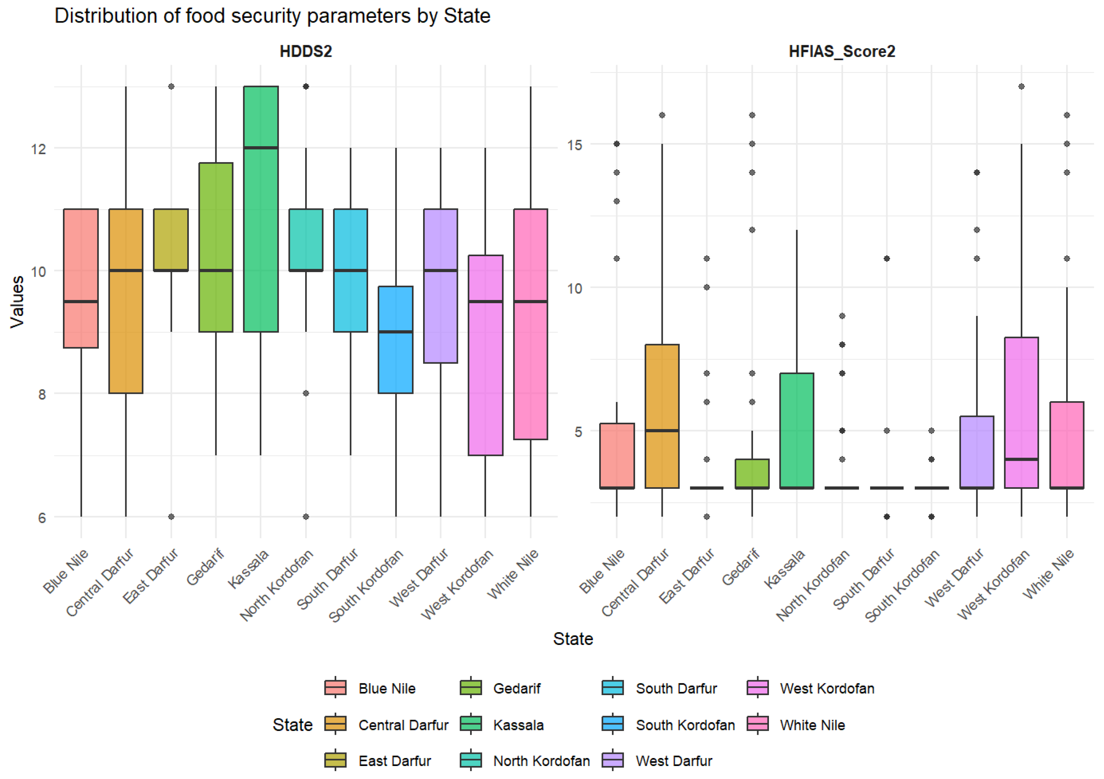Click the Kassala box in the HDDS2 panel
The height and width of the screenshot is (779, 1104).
coord(261,209)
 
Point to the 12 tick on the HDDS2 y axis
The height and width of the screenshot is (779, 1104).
coord(38,149)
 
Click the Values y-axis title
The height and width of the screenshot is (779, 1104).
coord(17,302)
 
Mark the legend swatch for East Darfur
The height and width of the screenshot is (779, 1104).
coord(335,761)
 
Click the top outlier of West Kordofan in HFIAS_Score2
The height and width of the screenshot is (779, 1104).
coord(1021,86)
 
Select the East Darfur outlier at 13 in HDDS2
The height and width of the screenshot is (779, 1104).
coord(171,86)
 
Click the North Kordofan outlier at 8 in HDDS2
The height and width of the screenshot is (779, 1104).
coord(306,393)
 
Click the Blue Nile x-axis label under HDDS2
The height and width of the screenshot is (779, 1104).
coord(66,572)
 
